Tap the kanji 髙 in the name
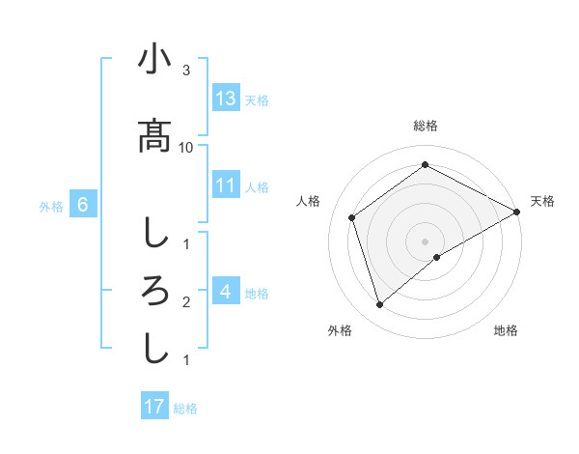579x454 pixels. (154, 134)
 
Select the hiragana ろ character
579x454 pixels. (154, 290)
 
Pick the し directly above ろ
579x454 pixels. (154, 232)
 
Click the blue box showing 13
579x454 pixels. (226, 99)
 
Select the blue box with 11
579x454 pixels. (226, 185)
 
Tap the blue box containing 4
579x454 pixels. (226, 292)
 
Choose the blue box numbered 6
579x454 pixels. (83, 205)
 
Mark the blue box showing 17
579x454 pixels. (154, 407)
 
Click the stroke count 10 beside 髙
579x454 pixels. (186, 147)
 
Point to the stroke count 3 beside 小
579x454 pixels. (186, 71)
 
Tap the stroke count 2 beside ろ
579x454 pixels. (186, 302)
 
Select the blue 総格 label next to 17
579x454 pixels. (185, 409)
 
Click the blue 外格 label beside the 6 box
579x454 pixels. (51, 206)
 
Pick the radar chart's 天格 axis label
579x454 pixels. (542, 201)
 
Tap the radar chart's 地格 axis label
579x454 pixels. (506, 330)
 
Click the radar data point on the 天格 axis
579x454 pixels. (517, 211)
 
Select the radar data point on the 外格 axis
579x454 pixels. (380, 305)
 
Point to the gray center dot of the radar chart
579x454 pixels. (426, 240)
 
